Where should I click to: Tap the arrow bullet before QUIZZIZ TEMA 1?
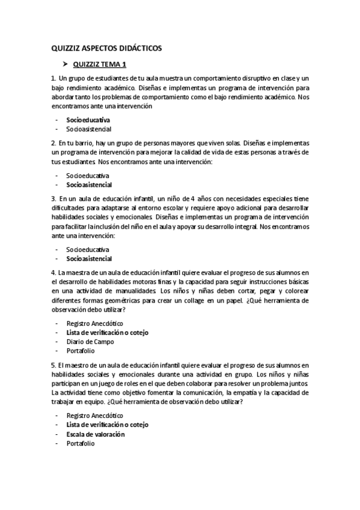point(64,64)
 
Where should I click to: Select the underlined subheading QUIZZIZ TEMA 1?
point(99,64)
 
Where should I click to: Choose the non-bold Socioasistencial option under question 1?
point(89,129)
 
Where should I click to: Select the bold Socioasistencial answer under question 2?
point(89,185)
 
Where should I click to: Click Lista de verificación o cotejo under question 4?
point(107,333)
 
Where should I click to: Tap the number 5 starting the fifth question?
point(53,364)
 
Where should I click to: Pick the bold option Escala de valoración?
point(95,434)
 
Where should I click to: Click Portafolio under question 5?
point(81,443)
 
